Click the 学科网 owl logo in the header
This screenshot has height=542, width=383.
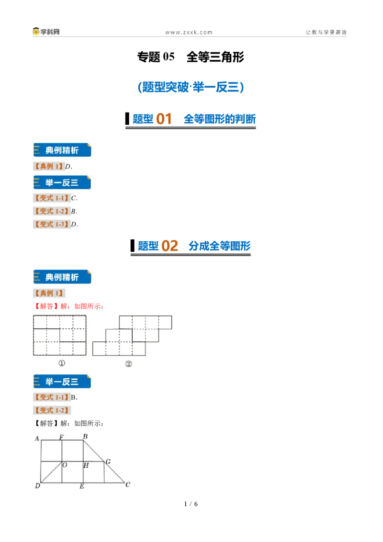(36, 32)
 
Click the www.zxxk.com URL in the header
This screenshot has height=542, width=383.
(189, 32)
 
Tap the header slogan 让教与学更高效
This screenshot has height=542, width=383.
(326, 32)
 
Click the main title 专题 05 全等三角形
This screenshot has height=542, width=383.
(191, 56)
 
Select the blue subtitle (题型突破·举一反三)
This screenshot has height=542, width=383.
(191, 87)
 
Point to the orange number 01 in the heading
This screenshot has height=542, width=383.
(164, 119)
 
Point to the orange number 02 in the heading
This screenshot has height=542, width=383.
(169, 246)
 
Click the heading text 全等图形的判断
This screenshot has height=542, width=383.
(219, 119)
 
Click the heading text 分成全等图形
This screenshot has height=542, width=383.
(219, 246)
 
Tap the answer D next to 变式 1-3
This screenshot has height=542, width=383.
(74, 225)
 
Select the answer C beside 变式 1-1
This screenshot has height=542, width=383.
(74, 198)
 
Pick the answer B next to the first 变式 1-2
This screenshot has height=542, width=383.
(73, 211)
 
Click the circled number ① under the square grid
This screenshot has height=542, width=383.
(62, 363)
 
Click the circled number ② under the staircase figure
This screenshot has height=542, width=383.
(129, 363)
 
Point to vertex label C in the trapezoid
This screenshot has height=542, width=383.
(128, 485)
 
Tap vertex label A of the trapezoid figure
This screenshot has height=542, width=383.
(37, 438)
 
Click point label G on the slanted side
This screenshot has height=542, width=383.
(108, 462)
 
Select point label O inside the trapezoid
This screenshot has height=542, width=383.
(65, 465)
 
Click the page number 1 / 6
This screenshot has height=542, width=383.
(191, 504)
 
